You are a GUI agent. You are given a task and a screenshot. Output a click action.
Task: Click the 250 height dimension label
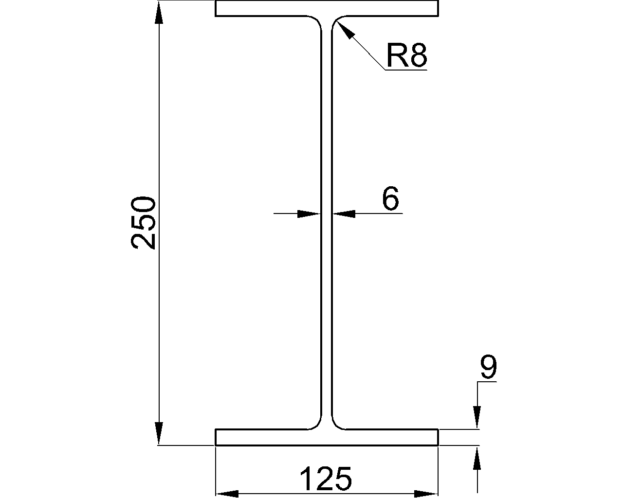pyautogui.click(x=144, y=223)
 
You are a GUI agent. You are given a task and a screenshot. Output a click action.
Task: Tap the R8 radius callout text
pyautogui.click(x=406, y=55)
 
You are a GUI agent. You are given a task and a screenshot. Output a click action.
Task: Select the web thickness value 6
pyautogui.click(x=390, y=198)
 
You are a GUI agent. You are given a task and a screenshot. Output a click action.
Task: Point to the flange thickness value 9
pyautogui.click(x=488, y=367)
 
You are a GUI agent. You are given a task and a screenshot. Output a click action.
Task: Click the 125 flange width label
pyautogui.click(x=325, y=479)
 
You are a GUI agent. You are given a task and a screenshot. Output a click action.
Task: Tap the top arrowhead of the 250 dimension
pyautogui.click(x=159, y=12)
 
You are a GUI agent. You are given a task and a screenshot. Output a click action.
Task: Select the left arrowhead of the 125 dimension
pyautogui.click(x=227, y=494)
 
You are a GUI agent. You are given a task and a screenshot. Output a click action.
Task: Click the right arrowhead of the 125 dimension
pyautogui.click(x=427, y=494)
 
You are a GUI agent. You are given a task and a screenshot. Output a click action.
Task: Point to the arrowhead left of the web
pyautogui.click(x=309, y=213)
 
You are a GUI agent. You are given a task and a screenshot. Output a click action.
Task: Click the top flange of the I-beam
pyautogui.click(x=327, y=8)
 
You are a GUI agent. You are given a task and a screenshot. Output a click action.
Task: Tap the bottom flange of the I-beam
pyautogui.click(x=327, y=437)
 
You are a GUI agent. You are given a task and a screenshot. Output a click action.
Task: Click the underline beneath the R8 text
pyautogui.click(x=406, y=70)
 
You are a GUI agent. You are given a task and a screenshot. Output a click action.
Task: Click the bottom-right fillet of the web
pyautogui.click(x=336, y=425)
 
